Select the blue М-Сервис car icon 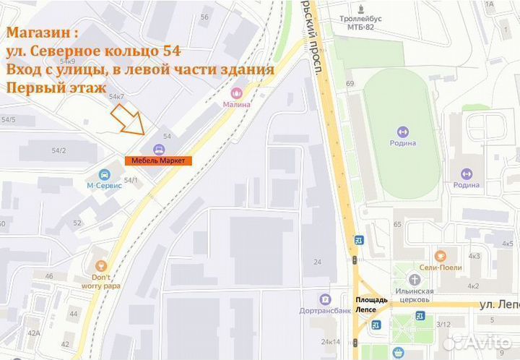coord(105,174)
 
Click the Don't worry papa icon coord(100,266)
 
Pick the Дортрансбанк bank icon coord(325,299)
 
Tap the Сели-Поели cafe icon coord(441,255)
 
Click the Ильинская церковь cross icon coord(414,279)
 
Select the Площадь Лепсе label coord(371,304)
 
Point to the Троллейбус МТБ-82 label coord(365,24)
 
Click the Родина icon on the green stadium coord(402,132)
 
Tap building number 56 coord(204,17)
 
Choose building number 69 coord(350,84)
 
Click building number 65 coord(396,225)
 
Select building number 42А coord(33,333)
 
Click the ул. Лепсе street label coord(498,304)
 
